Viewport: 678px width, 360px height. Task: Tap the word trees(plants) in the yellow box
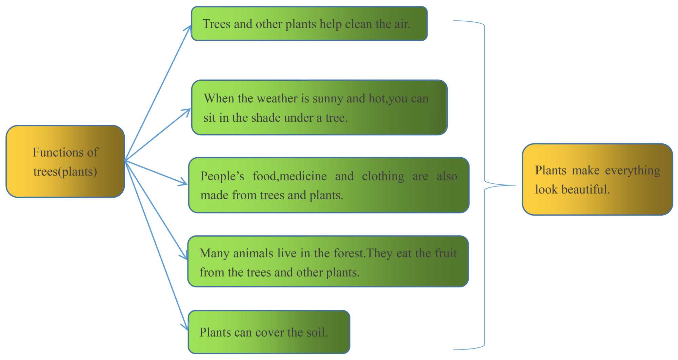(x=65, y=172)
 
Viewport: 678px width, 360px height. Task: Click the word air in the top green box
(x=402, y=24)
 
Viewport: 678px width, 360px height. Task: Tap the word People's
(x=222, y=176)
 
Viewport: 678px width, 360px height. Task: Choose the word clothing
(x=383, y=176)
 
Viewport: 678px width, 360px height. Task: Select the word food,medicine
(x=290, y=176)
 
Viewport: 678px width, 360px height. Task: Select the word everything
(x=633, y=170)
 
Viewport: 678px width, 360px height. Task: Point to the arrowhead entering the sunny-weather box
(x=187, y=111)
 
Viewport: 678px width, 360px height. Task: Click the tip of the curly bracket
(x=515, y=185)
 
